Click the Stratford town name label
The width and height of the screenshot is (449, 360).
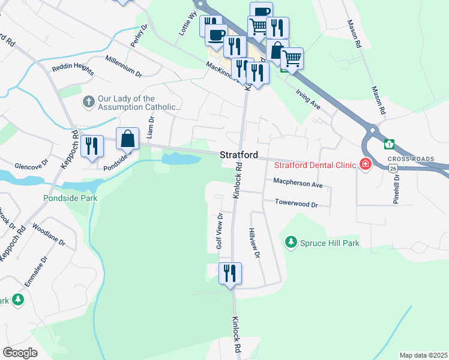[239, 155]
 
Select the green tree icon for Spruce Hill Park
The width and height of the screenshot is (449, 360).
[291, 242]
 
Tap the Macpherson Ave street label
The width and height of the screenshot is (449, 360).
[298, 182]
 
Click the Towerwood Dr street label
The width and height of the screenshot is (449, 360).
[295, 204]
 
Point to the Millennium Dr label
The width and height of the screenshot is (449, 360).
[123, 67]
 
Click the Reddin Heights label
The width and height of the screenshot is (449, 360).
[73, 70]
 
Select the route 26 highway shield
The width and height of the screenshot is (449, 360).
[393, 169]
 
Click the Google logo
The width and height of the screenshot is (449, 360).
[20, 352]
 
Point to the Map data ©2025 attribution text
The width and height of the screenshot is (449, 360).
[423, 355]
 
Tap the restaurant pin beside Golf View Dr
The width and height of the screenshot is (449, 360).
[230, 274]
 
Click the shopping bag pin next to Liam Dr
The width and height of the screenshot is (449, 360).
[128, 139]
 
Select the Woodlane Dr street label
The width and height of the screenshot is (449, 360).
[49, 235]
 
